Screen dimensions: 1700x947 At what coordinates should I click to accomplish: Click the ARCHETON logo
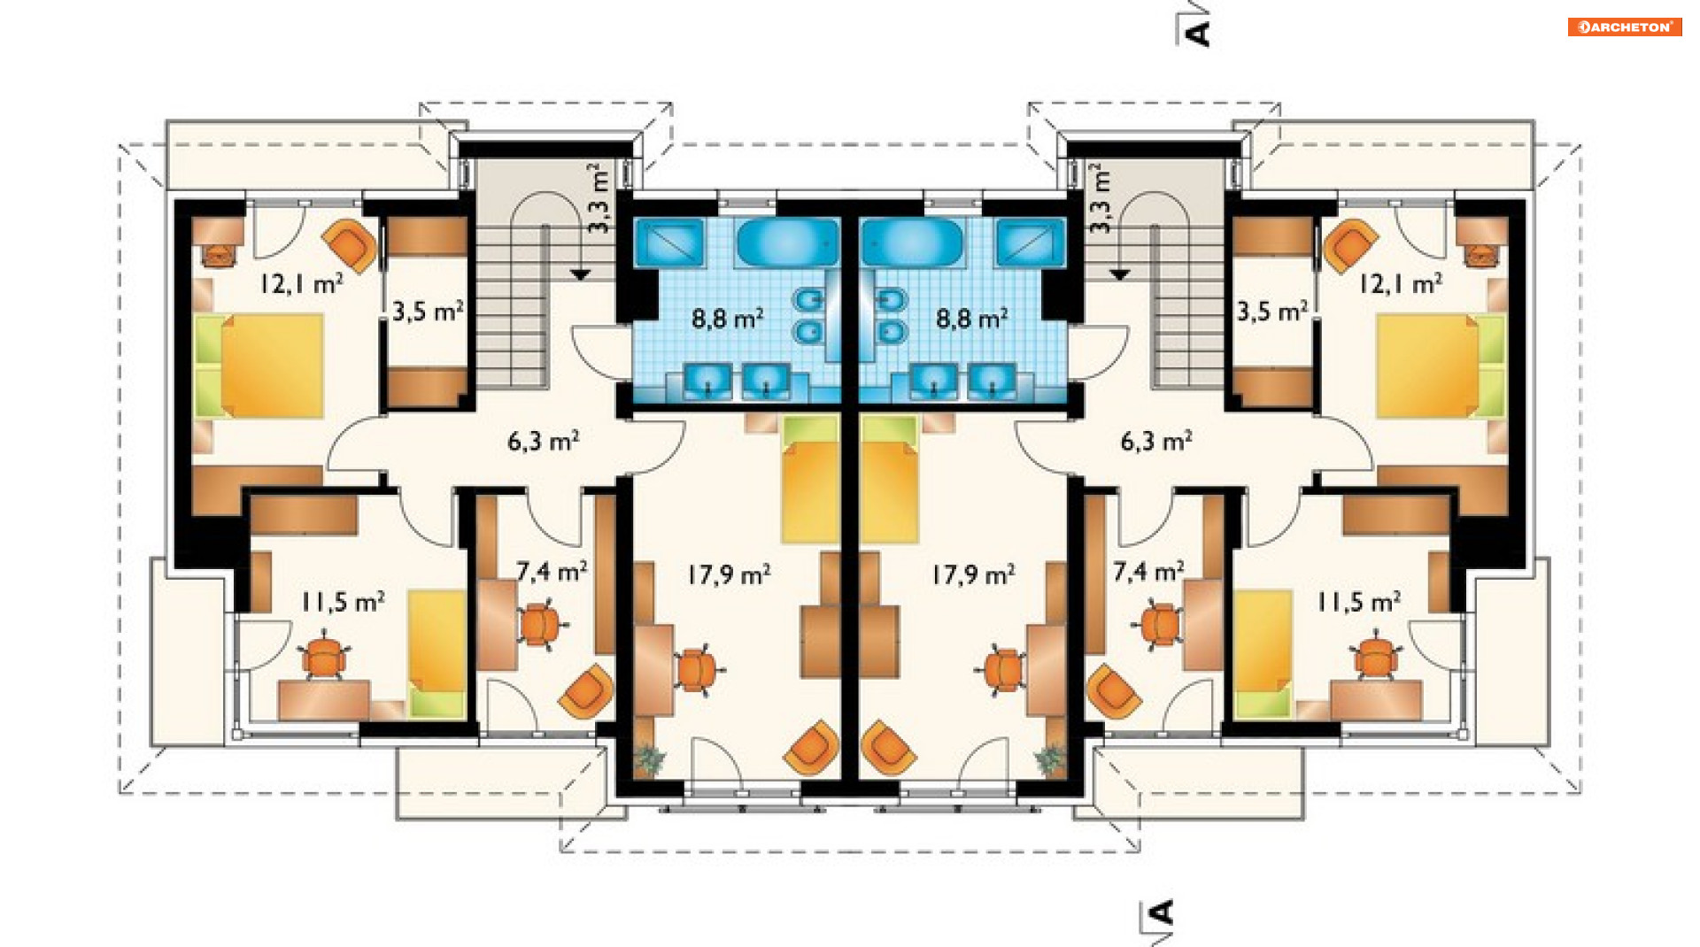tap(1625, 27)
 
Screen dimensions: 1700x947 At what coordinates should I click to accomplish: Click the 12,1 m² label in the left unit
tap(301, 284)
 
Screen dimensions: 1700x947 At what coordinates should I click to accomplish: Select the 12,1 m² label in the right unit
tap(1400, 284)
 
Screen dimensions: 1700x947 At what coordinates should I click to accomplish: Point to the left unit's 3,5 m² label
tap(428, 312)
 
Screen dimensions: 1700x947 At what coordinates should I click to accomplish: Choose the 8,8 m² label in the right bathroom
tap(972, 319)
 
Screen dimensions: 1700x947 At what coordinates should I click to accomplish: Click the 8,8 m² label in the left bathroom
tap(728, 319)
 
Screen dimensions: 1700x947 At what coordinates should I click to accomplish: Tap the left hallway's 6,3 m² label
tap(544, 441)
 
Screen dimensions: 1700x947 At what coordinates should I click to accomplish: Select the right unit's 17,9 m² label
tap(973, 575)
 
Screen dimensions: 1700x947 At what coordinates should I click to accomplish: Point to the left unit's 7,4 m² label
tap(552, 572)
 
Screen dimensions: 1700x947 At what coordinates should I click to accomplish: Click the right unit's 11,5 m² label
tap(1359, 603)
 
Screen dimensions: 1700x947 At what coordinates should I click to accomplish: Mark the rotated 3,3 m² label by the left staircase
tap(599, 198)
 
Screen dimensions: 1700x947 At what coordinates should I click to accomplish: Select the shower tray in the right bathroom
tap(1030, 243)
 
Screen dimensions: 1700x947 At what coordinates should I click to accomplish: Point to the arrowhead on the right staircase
tap(1119, 275)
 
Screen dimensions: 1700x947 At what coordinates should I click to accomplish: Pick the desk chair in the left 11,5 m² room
tap(324, 658)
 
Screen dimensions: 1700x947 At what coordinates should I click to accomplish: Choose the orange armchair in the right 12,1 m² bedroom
tap(1348, 244)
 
